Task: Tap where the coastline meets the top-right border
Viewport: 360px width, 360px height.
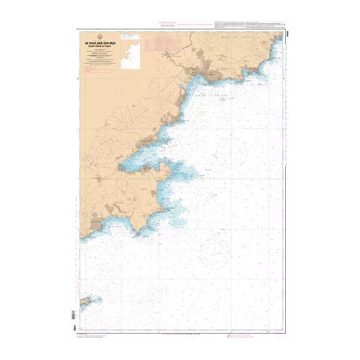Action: click(280, 37)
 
